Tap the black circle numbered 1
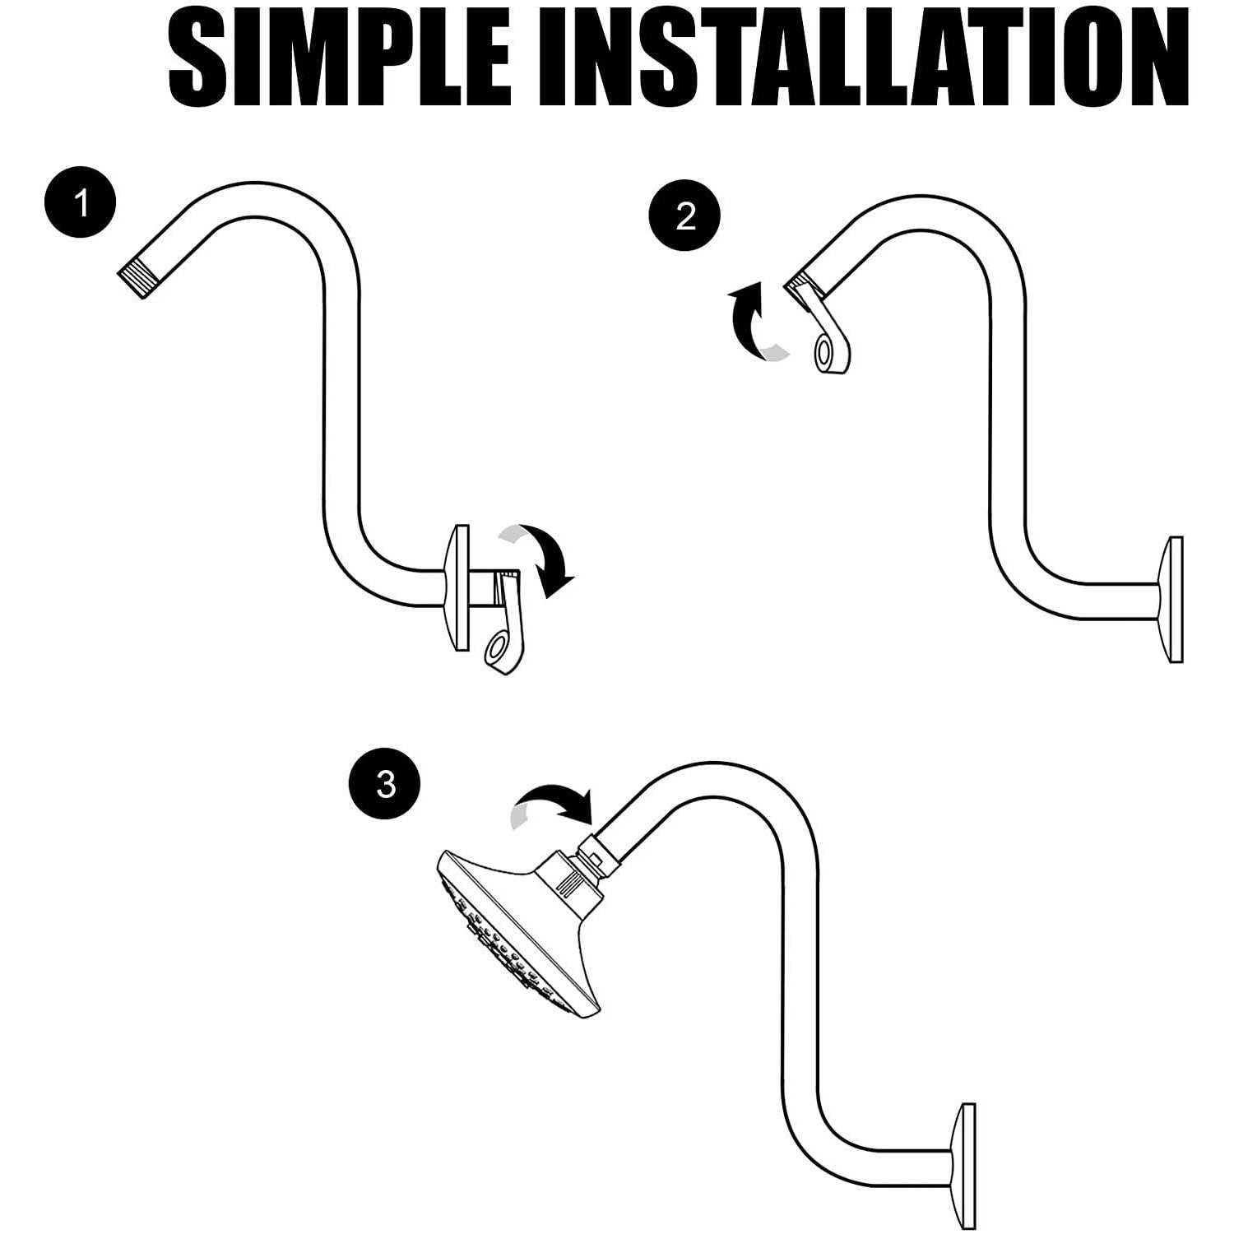click(81, 202)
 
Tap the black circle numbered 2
click(684, 217)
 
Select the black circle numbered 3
click(385, 783)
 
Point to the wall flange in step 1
click(456, 587)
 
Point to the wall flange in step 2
click(1170, 599)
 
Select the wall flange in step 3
click(963, 1166)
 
